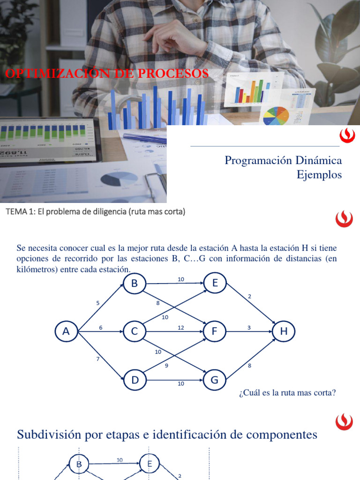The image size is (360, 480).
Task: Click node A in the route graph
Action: click(66, 331)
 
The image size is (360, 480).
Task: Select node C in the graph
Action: click(135, 331)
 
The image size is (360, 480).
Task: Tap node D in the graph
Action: click(135, 380)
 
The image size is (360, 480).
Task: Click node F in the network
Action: click(215, 331)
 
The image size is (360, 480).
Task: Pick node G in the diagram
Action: click(215, 380)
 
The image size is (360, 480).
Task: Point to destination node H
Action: click(284, 331)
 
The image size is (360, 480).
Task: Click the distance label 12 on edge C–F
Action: click(180, 328)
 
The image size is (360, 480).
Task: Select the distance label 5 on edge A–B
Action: click(98, 303)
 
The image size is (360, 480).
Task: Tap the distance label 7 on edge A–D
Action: click(98, 359)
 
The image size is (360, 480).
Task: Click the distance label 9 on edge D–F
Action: click(166, 365)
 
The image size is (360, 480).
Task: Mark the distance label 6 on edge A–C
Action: click(101, 328)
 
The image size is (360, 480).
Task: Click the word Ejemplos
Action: click(319, 175)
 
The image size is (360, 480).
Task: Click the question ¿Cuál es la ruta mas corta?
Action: click(287, 393)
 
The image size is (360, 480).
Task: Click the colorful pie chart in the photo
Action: click(276, 116)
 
